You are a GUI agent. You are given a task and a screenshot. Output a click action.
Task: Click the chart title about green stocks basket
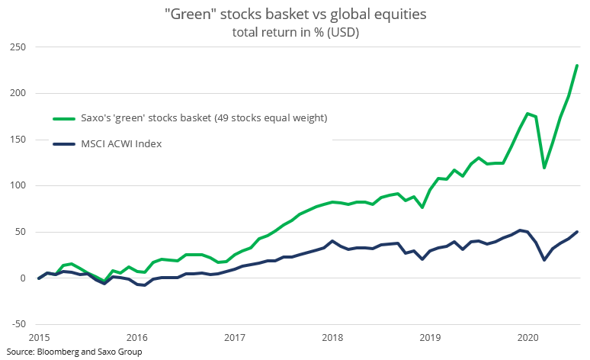[x=294, y=15]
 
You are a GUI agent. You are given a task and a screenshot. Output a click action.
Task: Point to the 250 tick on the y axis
[x=17, y=47]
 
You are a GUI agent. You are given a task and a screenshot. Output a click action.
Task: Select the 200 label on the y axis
[x=17, y=93]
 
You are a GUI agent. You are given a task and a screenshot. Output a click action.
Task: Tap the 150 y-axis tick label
[x=17, y=140]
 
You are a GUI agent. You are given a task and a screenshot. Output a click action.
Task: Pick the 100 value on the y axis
[x=17, y=185]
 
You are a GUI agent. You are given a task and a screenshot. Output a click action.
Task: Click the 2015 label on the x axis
[x=39, y=336]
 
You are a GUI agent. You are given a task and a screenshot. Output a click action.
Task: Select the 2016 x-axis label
[x=136, y=336]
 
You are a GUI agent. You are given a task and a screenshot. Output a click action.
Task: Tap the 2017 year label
[x=234, y=336]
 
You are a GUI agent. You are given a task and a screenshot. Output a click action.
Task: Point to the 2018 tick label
[x=332, y=336]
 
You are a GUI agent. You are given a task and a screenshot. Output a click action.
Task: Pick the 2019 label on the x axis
[x=430, y=336]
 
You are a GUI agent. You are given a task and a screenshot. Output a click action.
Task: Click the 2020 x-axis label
[x=527, y=336]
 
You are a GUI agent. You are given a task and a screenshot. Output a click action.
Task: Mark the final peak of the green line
[x=577, y=66]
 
